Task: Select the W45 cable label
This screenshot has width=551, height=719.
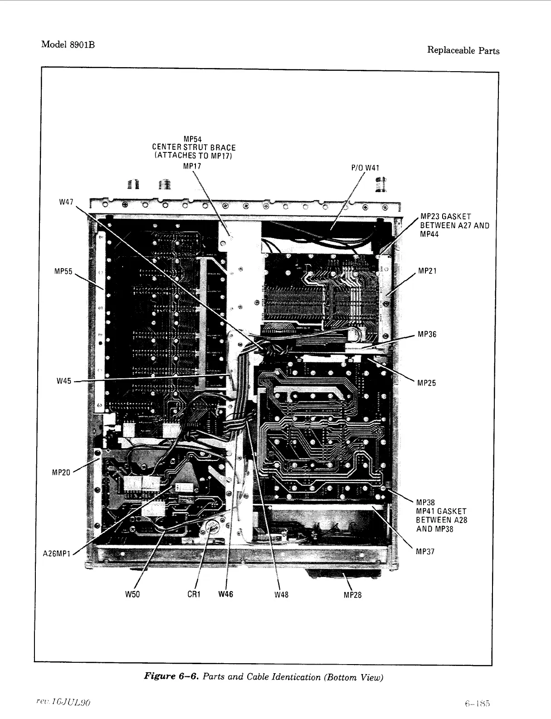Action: [x=64, y=381]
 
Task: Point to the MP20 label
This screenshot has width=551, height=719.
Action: [x=61, y=473]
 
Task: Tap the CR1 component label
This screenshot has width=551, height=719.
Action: [x=194, y=594]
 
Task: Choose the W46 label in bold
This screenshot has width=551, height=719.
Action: [x=225, y=594]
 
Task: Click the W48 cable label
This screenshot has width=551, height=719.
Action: [x=281, y=595]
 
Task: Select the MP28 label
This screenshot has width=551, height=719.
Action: [x=352, y=595]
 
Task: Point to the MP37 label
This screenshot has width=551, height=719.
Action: [x=425, y=552]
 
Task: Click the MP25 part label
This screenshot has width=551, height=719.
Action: [x=427, y=383]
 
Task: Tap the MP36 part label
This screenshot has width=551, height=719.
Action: [x=427, y=334]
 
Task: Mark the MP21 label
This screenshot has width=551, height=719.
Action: [x=427, y=271]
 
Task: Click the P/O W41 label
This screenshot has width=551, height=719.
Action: [x=365, y=168]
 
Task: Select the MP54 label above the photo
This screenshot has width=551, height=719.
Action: [x=193, y=139]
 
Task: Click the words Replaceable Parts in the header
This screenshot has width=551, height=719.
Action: [x=463, y=50]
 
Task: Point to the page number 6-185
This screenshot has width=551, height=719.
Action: [x=478, y=704]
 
